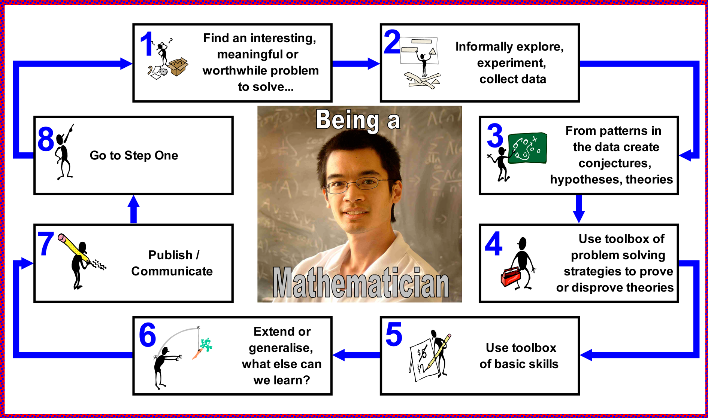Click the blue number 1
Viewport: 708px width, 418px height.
pyautogui.click(x=147, y=44)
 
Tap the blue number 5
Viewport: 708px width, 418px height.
pyautogui.click(x=394, y=334)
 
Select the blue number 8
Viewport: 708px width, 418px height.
pyautogui.click(x=46, y=139)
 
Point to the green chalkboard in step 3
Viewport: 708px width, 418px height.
pyautogui.click(x=528, y=148)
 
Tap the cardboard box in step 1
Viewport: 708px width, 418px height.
pyautogui.click(x=178, y=67)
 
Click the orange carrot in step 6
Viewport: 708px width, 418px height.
pyautogui.click(x=196, y=354)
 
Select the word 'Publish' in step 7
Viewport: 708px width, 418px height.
pyautogui.click(x=165, y=255)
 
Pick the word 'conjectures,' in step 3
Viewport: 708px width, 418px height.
pyautogui.click(x=615, y=163)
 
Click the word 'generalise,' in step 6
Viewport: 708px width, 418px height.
pyautogui.click(x=281, y=348)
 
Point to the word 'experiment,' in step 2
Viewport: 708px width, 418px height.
pyautogui.click(x=511, y=63)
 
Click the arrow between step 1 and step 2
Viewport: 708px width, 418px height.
pyautogui.click(x=356, y=64)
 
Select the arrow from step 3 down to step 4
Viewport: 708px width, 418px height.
pyautogui.click(x=579, y=208)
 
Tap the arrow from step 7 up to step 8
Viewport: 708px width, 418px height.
pyautogui.click(x=133, y=210)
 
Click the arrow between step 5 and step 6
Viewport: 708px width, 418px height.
pyautogui.click(x=356, y=355)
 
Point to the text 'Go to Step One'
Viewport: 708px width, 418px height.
pyautogui.click(x=134, y=155)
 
